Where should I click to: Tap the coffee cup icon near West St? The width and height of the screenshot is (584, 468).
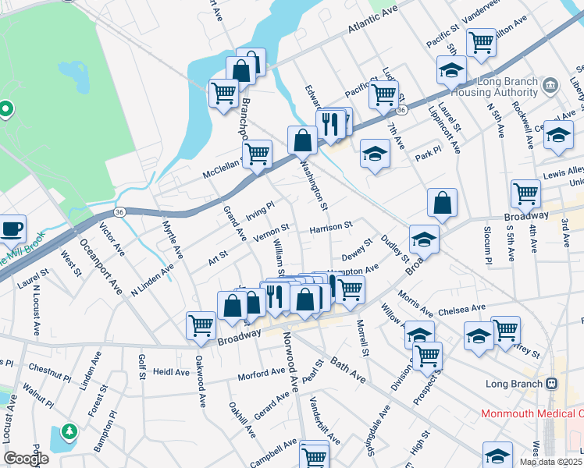[12, 229]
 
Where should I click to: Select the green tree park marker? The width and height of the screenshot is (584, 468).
[69, 431]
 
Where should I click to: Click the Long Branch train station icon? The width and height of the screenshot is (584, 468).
[551, 383]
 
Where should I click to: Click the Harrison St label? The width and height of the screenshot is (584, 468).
[331, 229]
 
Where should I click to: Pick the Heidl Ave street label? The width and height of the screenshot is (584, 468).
[171, 372]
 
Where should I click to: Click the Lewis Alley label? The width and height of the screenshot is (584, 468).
[564, 171]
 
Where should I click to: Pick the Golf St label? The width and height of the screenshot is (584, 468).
[141, 366]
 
